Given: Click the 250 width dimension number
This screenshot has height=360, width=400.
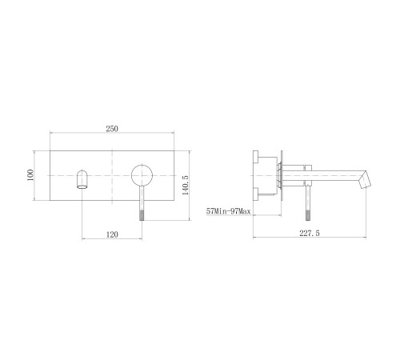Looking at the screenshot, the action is click(112, 129).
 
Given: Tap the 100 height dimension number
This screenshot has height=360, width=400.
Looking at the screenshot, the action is click(30, 175).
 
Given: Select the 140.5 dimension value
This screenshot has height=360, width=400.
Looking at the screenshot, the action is click(186, 185).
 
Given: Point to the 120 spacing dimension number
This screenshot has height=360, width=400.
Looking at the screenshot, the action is click(112, 234).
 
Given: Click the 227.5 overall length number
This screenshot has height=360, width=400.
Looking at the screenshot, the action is click(310, 234).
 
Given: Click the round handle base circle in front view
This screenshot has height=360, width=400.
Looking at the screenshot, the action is click(142, 175).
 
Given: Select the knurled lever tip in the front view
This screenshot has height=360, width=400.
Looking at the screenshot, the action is click(142, 215).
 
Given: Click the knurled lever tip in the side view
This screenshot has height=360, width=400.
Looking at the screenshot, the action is click(309, 215).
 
